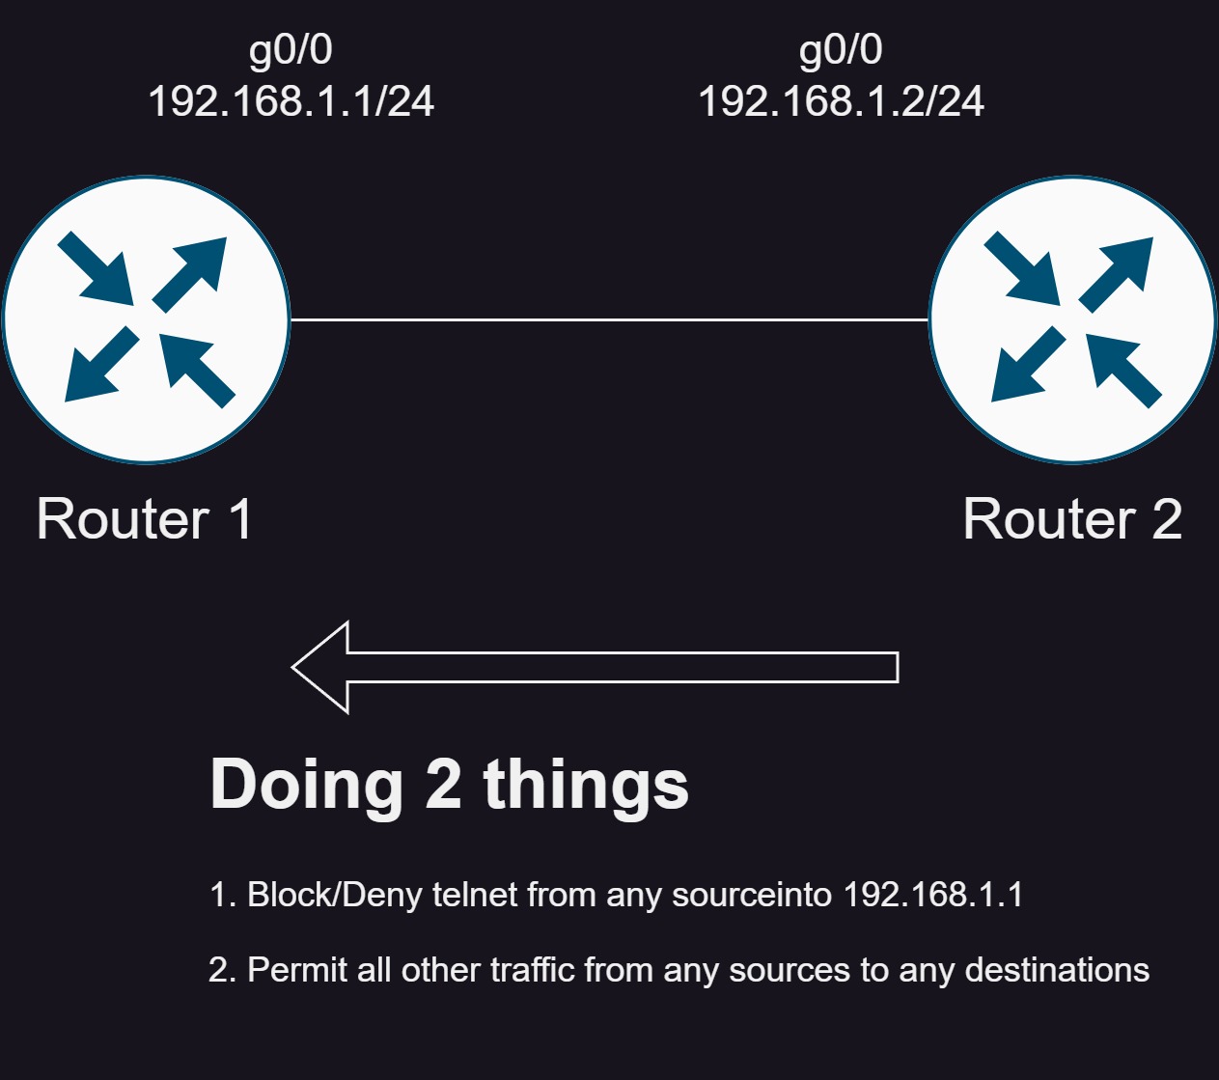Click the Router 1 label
coord(145,518)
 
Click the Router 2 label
coord(1072,518)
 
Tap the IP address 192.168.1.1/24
coord(291,101)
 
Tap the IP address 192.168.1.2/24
coord(842,101)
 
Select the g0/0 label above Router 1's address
coord(291,50)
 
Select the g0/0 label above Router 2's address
coord(841,50)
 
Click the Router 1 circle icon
coord(146,319)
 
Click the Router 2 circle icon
coord(1073,319)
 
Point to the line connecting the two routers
coord(610,319)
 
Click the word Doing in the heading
coord(306,785)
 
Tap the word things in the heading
coord(586,785)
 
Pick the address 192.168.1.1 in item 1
coord(932,894)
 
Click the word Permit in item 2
coord(297,970)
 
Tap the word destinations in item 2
coord(1057,970)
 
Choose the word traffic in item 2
coord(532,970)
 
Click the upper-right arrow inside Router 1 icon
coord(190,274)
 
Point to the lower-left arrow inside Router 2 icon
coord(1028,365)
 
